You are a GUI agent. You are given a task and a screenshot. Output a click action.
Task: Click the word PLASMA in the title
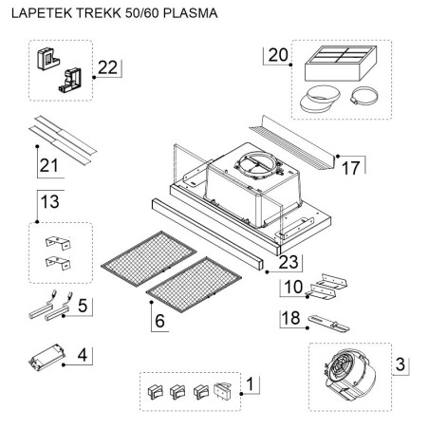coord(191,13)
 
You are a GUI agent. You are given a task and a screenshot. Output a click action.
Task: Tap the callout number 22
coord(107,67)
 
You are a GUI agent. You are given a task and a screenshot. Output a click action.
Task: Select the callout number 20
coord(278,55)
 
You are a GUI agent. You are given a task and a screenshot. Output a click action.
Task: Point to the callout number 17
coord(351,168)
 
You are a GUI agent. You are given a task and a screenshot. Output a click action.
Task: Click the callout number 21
coord(49,165)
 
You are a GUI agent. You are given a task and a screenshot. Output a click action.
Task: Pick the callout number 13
coord(50,201)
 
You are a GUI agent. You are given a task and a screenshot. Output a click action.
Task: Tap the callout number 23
coord(289,262)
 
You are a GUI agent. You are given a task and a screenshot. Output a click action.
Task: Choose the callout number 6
coord(159,321)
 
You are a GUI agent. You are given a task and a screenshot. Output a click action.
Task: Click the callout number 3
coord(401,364)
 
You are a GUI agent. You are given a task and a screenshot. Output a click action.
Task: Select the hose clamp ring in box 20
coord(364,95)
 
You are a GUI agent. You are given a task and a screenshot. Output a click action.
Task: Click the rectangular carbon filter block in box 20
coord(341,64)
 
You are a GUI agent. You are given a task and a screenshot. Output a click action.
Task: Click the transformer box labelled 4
coord(47,357)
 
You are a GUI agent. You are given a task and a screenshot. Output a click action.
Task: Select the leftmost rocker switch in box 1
coord(155,392)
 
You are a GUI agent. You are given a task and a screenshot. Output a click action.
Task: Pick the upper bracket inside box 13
coord(58,243)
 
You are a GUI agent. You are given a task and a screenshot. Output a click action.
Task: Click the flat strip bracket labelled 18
coord(329,323)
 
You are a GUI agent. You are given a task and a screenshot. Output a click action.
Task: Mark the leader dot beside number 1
coord(241,394)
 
